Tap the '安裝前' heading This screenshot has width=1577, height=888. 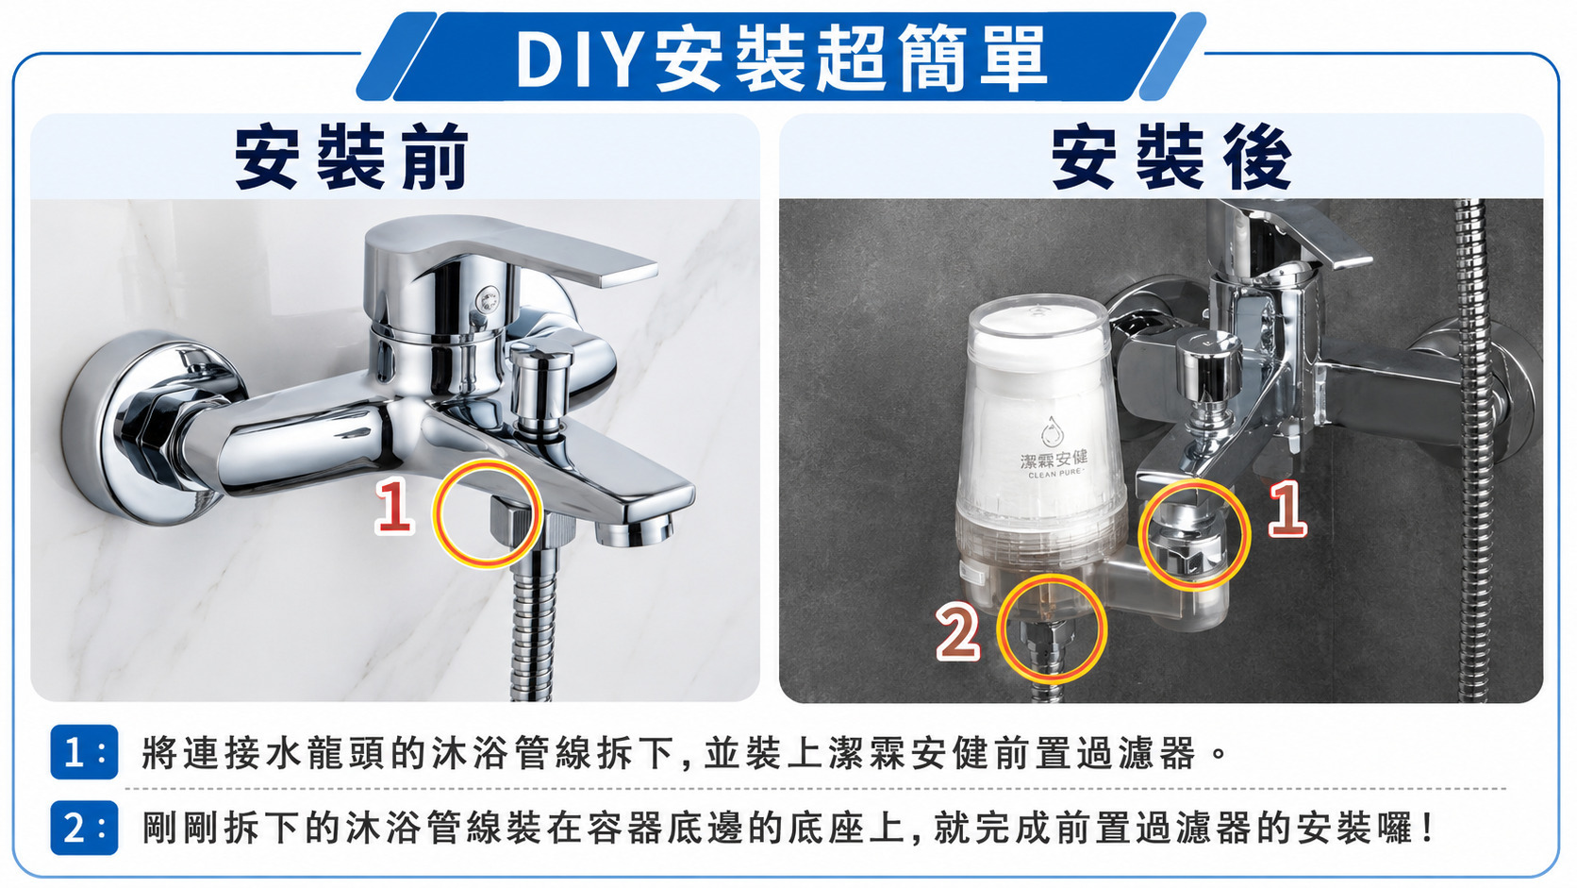[352, 156]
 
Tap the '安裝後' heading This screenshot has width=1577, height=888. [1171, 156]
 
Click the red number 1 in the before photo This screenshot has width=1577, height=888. [393, 505]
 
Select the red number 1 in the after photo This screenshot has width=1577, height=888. [1286, 509]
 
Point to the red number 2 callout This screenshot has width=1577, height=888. [957, 634]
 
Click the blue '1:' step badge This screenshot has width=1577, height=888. [84, 752]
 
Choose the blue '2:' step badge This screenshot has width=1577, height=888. [84, 829]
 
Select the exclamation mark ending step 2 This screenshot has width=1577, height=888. [1427, 829]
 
